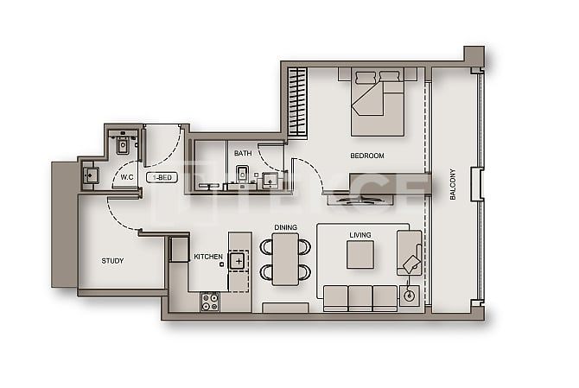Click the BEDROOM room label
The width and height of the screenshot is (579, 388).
[366, 156]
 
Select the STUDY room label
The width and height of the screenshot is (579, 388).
[112, 260]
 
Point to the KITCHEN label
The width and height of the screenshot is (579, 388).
[208, 257]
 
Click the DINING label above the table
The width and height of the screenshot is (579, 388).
[285, 227]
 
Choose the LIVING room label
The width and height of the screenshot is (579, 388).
[359, 234]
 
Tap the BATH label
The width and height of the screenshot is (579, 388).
[243, 154]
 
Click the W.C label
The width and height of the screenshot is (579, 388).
[126, 177]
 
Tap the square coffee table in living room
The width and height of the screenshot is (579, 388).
[359, 254]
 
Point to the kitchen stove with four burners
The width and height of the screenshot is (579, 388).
[209, 302]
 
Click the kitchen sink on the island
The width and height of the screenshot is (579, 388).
[238, 258]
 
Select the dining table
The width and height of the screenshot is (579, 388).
[285, 259]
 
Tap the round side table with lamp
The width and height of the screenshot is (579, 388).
[409, 296]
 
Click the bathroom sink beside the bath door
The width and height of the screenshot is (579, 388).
[270, 181]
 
